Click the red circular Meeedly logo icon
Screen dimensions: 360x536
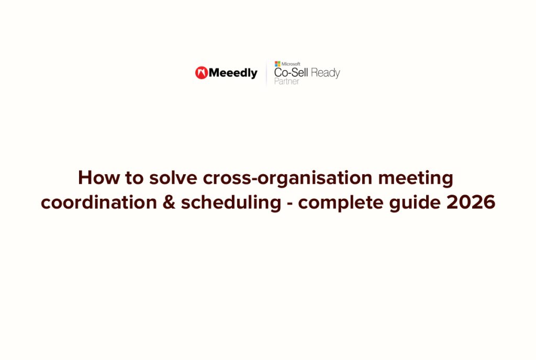tap(202, 73)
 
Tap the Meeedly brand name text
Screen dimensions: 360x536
tap(233, 73)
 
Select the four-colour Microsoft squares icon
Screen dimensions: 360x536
tap(277, 64)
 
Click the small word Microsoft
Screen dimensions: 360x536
tap(291, 64)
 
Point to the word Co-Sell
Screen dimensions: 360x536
tap(291, 73)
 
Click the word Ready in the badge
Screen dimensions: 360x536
tap(326, 73)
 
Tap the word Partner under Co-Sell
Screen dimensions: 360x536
tap(287, 82)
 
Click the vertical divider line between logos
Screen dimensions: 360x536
tap(266, 73)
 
